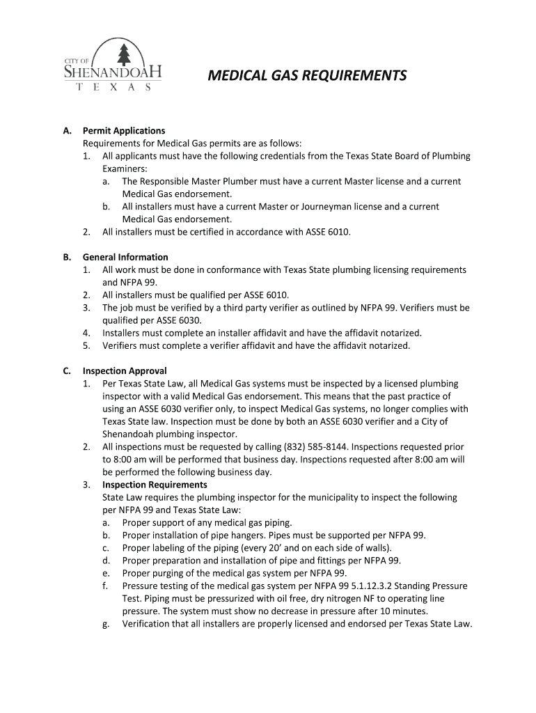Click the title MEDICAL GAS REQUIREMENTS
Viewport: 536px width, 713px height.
pos(307,76)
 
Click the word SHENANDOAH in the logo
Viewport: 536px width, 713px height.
pos(113,72)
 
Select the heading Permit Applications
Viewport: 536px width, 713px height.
pos(124,131)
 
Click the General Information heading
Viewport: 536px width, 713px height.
pos(125,257)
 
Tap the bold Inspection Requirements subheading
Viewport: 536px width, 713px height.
pos(155,485)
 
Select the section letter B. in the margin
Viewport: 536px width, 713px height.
pos(68,257)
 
